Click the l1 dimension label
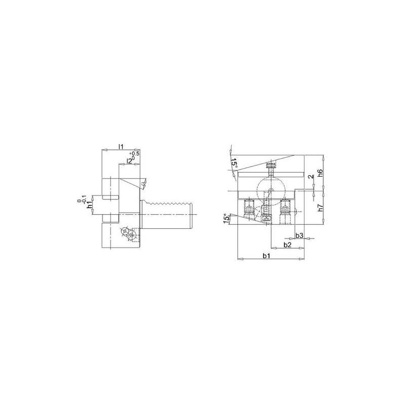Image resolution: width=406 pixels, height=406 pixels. tap(120, 146)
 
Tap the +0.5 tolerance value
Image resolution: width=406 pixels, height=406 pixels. tap(135, 153)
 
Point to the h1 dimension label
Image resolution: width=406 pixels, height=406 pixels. tap(89, 205)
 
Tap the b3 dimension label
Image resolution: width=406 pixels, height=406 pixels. tap(299, 235)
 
